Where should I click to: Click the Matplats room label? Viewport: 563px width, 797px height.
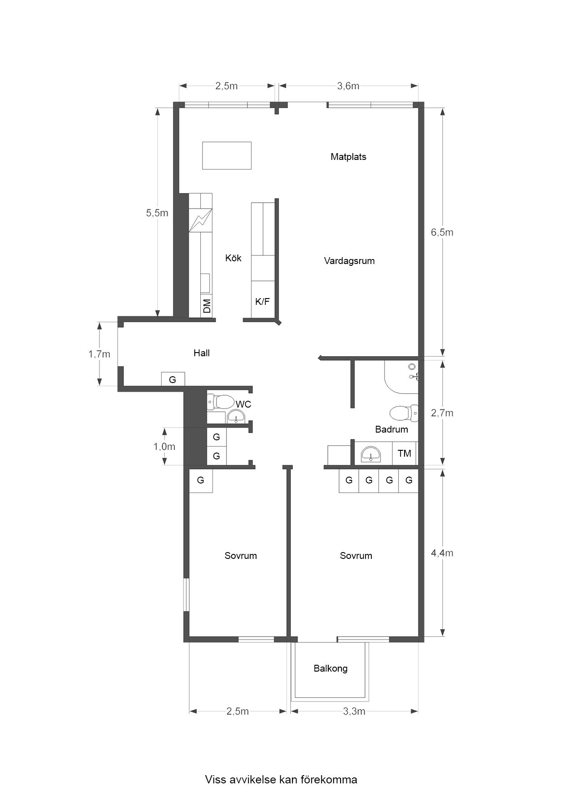(348, 157)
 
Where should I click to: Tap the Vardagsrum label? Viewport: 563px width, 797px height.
(349, 261)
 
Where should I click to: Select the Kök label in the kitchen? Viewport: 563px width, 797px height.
(233, 258)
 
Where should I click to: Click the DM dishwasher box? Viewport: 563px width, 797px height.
(207, 306)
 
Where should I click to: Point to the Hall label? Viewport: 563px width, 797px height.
(202, 353)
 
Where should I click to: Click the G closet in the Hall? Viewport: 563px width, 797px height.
(173, 379)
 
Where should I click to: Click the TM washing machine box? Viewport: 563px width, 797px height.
(404, 453)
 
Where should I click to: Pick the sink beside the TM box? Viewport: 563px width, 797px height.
(371, 454)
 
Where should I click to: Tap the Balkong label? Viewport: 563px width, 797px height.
(331, 668)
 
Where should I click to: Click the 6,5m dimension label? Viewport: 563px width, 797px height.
(442, 233)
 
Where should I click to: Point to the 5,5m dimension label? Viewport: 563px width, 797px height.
(157, 213)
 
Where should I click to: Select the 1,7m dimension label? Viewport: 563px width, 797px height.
(99, 354)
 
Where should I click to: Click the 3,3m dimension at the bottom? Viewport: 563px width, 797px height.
(354, 711)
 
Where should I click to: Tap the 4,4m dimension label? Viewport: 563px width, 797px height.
(442, 553)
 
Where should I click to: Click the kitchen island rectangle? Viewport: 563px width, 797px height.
(227, 155)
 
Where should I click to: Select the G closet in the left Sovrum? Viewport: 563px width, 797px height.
(201, 480)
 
